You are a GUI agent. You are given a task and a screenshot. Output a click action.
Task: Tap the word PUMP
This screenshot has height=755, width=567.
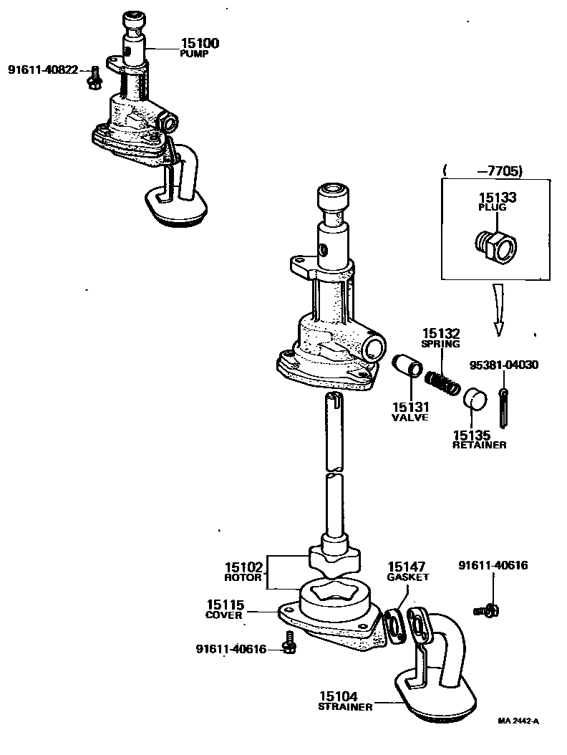click(x=193, y=54)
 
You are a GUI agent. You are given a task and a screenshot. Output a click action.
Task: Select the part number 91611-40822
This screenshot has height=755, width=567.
click(x=43, y=69)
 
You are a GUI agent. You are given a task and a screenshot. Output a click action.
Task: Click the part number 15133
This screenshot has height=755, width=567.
click(x=492, y=196)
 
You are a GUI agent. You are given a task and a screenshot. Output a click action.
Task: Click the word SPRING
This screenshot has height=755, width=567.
click(x=440, y=345)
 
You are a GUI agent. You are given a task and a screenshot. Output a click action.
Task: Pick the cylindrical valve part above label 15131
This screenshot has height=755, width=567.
click(x=407, y=366)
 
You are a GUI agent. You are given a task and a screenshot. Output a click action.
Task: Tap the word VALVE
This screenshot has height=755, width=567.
click(x=409, y=417)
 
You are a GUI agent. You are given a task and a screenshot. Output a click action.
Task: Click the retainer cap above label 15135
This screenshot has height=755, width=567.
click(x=472, y=398)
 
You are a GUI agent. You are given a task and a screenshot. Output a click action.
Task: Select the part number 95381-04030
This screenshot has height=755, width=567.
click(x=504, y=365)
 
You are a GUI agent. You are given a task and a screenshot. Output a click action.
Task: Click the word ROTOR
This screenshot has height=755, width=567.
click(x=240, y=577)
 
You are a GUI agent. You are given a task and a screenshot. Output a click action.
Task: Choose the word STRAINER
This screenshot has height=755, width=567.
click(x=345, y=707)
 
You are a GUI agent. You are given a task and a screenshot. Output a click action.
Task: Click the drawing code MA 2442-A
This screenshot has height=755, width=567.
click(x=518, y=721)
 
